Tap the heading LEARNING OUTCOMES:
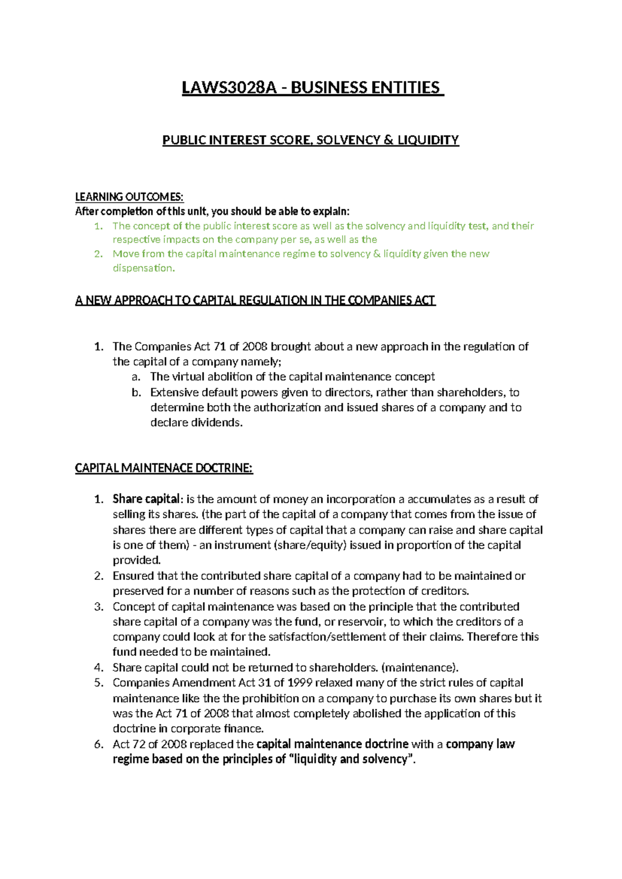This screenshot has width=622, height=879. coord(129,196)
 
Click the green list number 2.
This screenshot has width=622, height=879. coord(98,254)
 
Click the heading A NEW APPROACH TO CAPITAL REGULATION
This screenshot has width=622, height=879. coord(255,301)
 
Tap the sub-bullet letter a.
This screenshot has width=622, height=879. coord(136,377)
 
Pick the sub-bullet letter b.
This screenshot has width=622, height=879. coord(136,392)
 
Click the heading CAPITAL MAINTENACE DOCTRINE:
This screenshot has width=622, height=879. coord(164,468)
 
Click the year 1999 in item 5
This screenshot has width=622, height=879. coord(301,683)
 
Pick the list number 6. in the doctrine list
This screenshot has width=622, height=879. coord(99,744)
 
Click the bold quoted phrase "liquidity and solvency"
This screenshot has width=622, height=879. coord(351,759)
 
